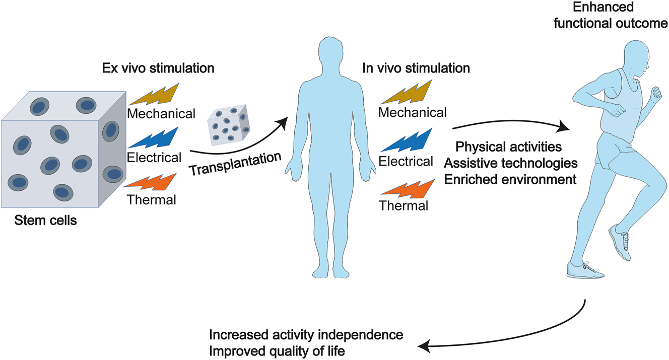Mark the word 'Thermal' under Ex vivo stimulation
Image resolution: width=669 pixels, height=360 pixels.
point(151,200)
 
